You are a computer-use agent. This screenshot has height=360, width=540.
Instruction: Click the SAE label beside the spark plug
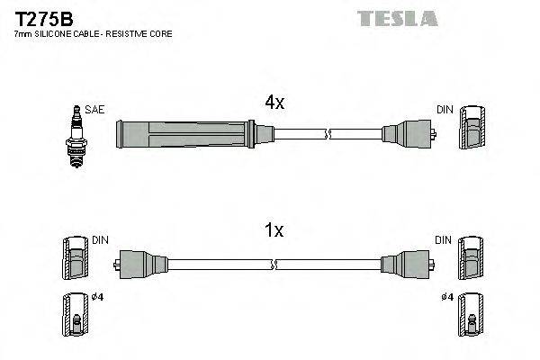pyautogui.click(x=95, y=109)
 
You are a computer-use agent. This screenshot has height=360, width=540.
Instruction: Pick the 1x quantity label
pyautogui.click(x=273, y=230)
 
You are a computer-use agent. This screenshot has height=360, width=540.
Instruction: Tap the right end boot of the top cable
pyautogui.click(x=407, y=135)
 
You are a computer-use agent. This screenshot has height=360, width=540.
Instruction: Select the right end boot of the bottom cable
pyautogui.click(x=407, y=265)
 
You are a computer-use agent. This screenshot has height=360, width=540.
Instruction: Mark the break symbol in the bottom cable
pyautogui.click(x=275, y=265)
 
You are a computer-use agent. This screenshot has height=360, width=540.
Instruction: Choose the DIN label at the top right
pyautogui.click(x=444, y=109)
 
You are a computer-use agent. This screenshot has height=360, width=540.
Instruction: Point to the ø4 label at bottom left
pyautogui.click(x=97, y=298)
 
